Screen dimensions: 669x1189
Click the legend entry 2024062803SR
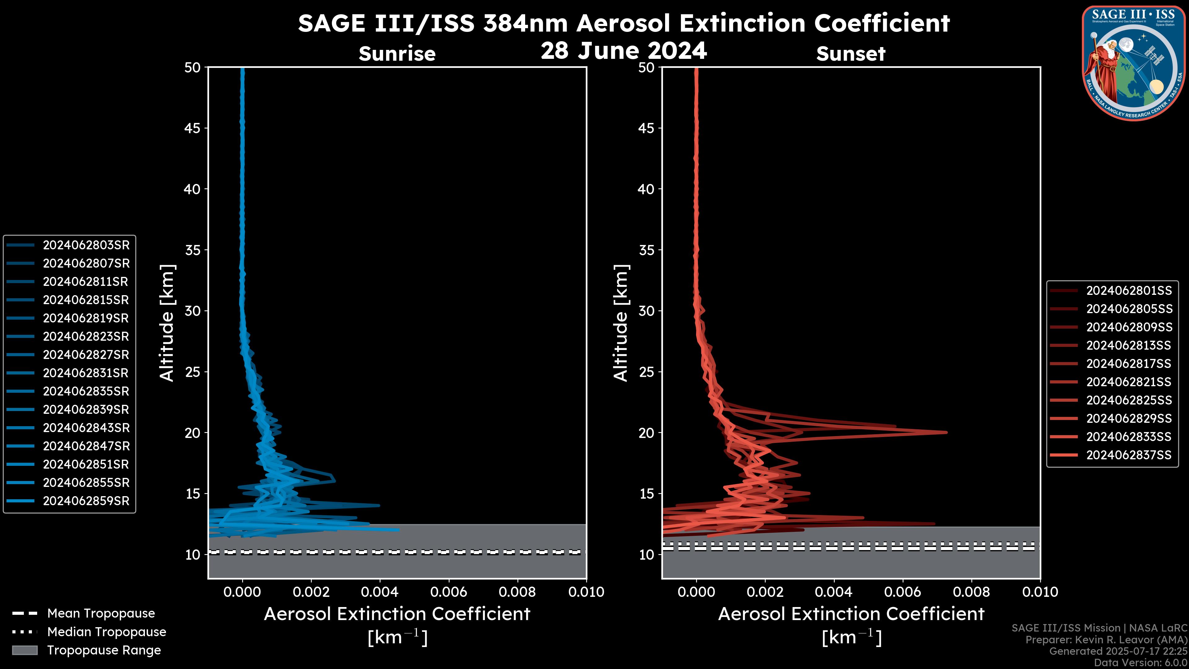[86, 245]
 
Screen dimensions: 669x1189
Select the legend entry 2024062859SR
[86, 501]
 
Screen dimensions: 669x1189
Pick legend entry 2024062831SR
[86, 373]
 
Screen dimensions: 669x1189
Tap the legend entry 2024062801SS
[1129, 291]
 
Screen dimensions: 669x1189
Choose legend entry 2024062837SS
[1129, 455]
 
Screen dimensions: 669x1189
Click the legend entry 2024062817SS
[1129, 364]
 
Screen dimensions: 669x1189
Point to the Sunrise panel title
[397, 54]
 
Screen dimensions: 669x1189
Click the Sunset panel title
[851, 54]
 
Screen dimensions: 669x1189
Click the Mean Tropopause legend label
[101, 614]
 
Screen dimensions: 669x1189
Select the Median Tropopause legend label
[107, 632]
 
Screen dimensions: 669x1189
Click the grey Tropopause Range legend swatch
[24, 650]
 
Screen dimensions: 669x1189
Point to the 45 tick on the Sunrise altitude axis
[193, 128]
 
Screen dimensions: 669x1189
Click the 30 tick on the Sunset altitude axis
[647, 311]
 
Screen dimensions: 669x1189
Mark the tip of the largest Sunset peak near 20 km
[946, 433]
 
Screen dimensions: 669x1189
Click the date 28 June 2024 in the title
[624, 51]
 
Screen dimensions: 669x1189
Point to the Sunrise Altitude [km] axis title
[167, 323]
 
